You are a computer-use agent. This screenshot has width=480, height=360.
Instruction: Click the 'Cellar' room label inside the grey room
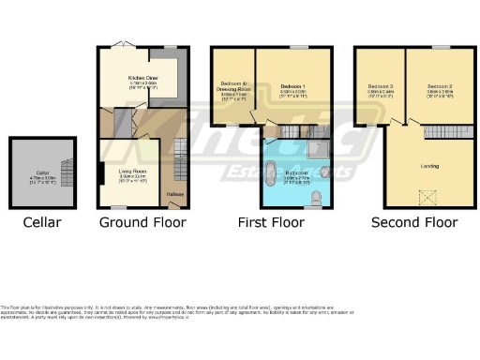point(42,172)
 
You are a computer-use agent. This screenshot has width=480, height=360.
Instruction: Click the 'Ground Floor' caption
point(142,223)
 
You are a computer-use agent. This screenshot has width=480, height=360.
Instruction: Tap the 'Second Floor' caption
point(414,223)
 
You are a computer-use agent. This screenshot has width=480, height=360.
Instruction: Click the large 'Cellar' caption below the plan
point(42,223)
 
